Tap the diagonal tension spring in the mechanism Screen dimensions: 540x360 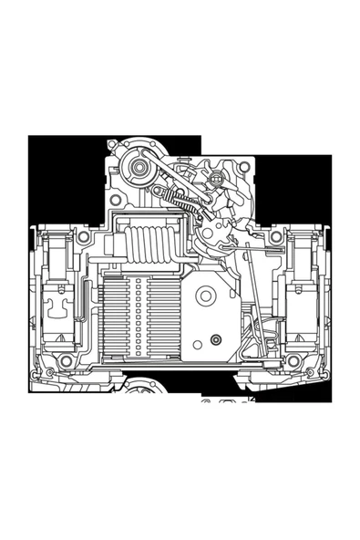(182, 201)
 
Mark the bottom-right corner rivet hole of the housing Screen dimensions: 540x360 (293, 362)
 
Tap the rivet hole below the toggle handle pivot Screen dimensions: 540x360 (117, 200)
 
